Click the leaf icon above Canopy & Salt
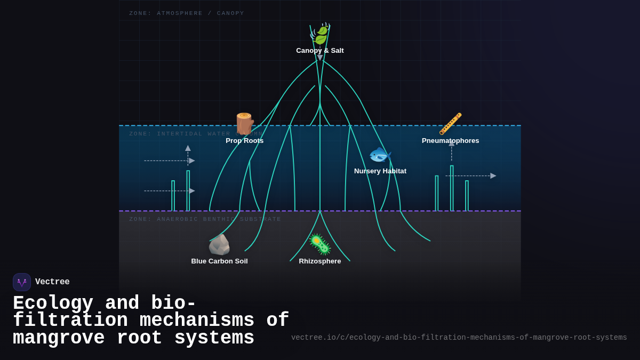[x=320, y=34]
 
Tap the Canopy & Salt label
[x=320, y=51]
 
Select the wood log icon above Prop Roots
[x=245, y=124]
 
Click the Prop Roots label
[x=245, y=141]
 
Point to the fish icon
[x=380, y=155]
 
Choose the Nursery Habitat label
[x=380, y=171]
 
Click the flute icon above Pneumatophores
[x=451, y=124]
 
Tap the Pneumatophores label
[x=451, y=141]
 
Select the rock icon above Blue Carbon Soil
[x=219, y=245]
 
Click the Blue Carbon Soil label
[x=219, y=261]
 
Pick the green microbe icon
[x=320, y=244]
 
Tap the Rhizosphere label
[x=320, y=261]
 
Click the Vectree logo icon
[x=22, y=282]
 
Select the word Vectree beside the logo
[x=52, y=282]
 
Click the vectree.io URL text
[x=459, y=338]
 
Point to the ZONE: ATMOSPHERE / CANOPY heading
[x=187, y=13]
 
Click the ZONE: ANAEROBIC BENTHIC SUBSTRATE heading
[x=205, y=219]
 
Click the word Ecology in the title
[x=53, y=303]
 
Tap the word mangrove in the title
[x=59, y=338]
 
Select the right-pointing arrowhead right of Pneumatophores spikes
[x=493, y=175]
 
